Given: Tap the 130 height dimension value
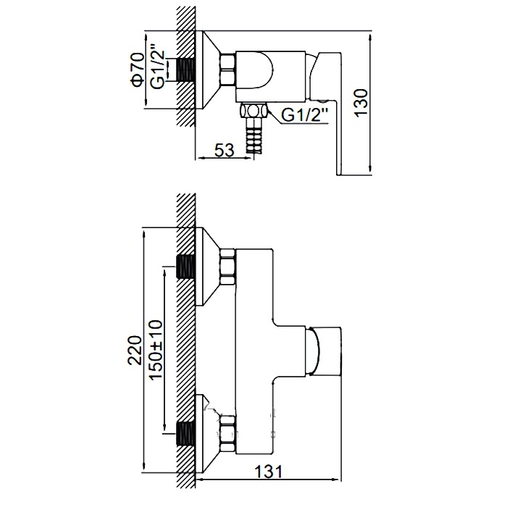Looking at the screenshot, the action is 361,102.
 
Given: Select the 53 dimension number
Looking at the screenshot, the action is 224,150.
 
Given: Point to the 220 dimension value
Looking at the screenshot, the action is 135,351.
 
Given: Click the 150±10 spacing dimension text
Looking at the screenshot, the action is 156,350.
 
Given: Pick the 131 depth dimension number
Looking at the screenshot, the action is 269,472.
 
